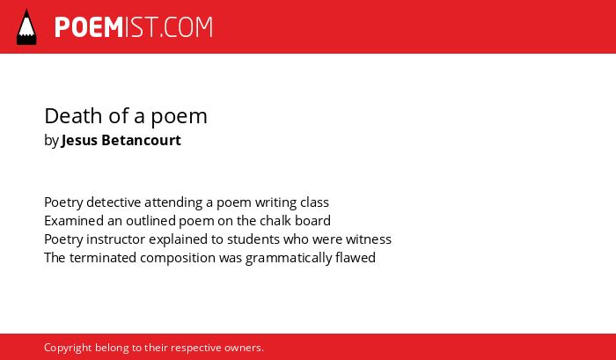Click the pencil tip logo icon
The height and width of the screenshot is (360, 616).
[x=26, y=26]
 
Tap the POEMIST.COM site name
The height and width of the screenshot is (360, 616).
[x=134, y=27]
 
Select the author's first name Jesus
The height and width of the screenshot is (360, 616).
[x=80, y=140]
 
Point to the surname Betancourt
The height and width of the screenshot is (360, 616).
[x=141, y=140]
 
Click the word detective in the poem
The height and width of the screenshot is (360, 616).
[x=114, y=202]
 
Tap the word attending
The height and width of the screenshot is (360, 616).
[x=173, y=202]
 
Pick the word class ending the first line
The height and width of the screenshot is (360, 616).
[x=314, y=202]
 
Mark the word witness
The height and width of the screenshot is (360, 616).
[x=369, y=239]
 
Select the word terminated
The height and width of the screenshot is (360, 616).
[x=103, y=257]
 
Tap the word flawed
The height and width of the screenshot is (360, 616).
[x=356, y=257]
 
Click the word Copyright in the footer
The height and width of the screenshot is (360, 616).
[x=68, y=348]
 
